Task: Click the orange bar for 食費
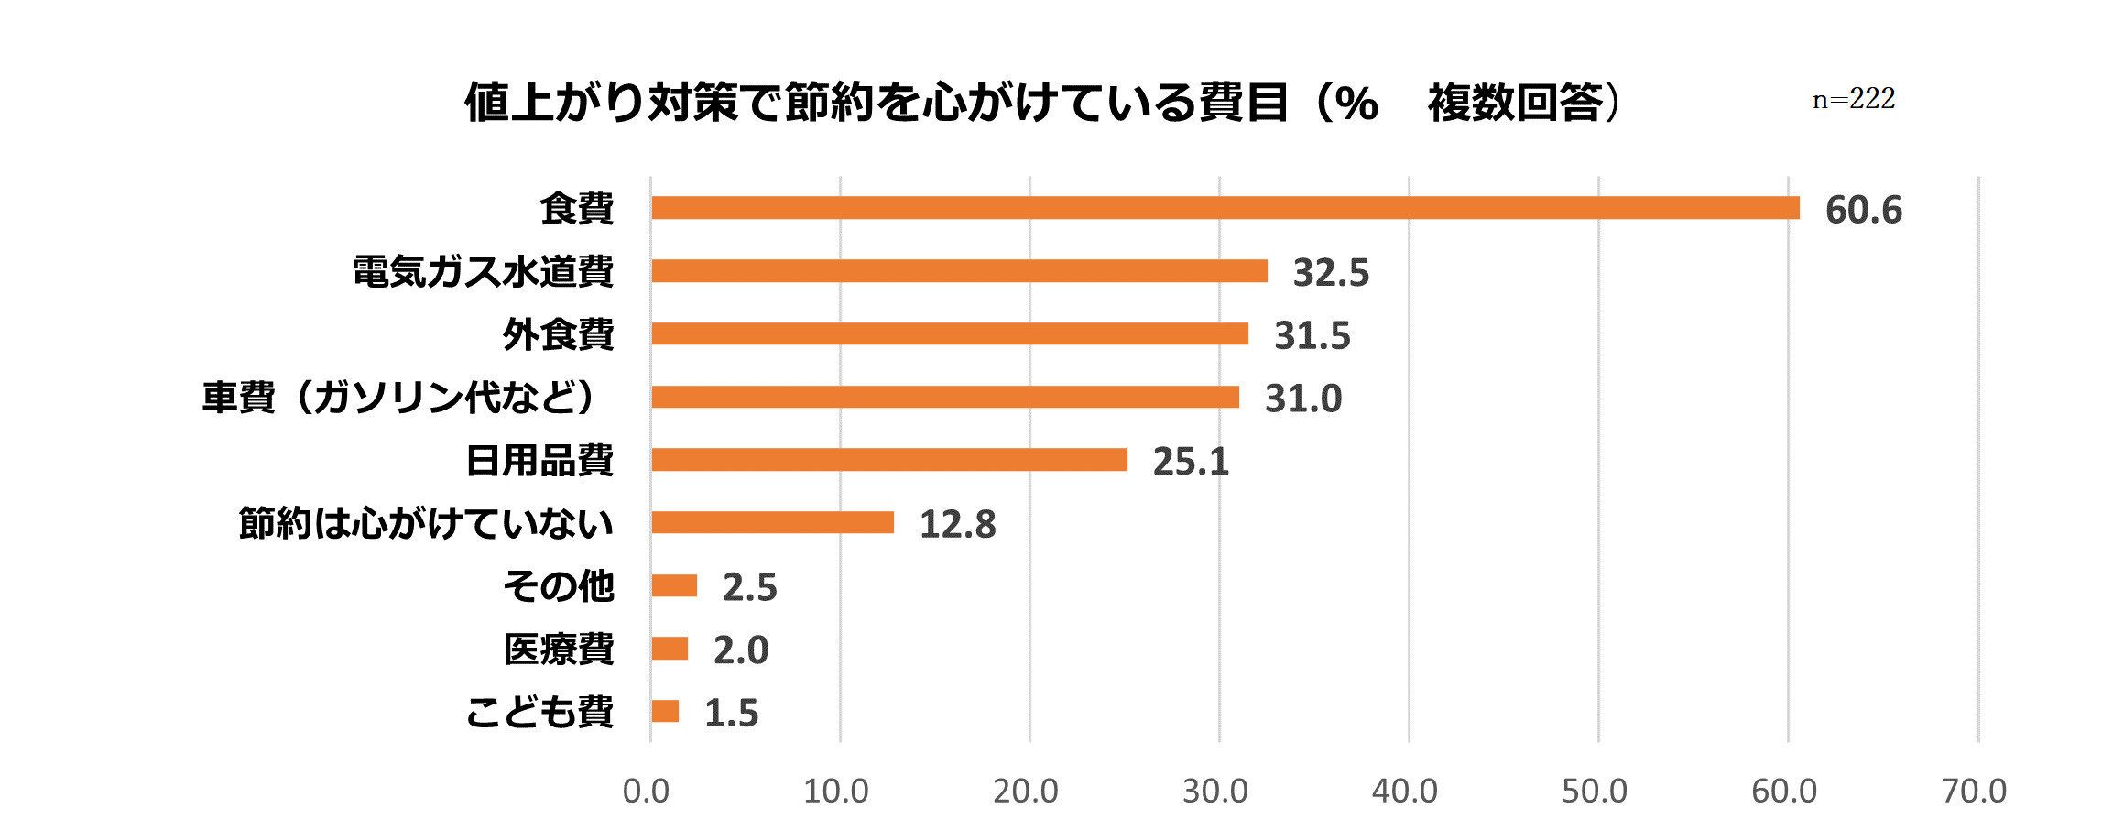tap(1225, 208)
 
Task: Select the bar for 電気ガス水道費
tap(959, 271)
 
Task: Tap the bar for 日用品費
tap(888, 460)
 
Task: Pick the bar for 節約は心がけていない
tap(772, 522)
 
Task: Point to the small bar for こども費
tap(665, 711)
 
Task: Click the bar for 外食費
tap(949, 333)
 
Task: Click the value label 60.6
tap(1863, 211)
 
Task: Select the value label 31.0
tap(1302, 399)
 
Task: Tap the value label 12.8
tap(957, 525)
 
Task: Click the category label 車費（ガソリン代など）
tap(401, 399)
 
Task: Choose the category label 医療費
tap(558, 650)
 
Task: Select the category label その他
tap(558, 586)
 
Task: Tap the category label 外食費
tap(558, 334)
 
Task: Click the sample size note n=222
tap(1854, 100)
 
